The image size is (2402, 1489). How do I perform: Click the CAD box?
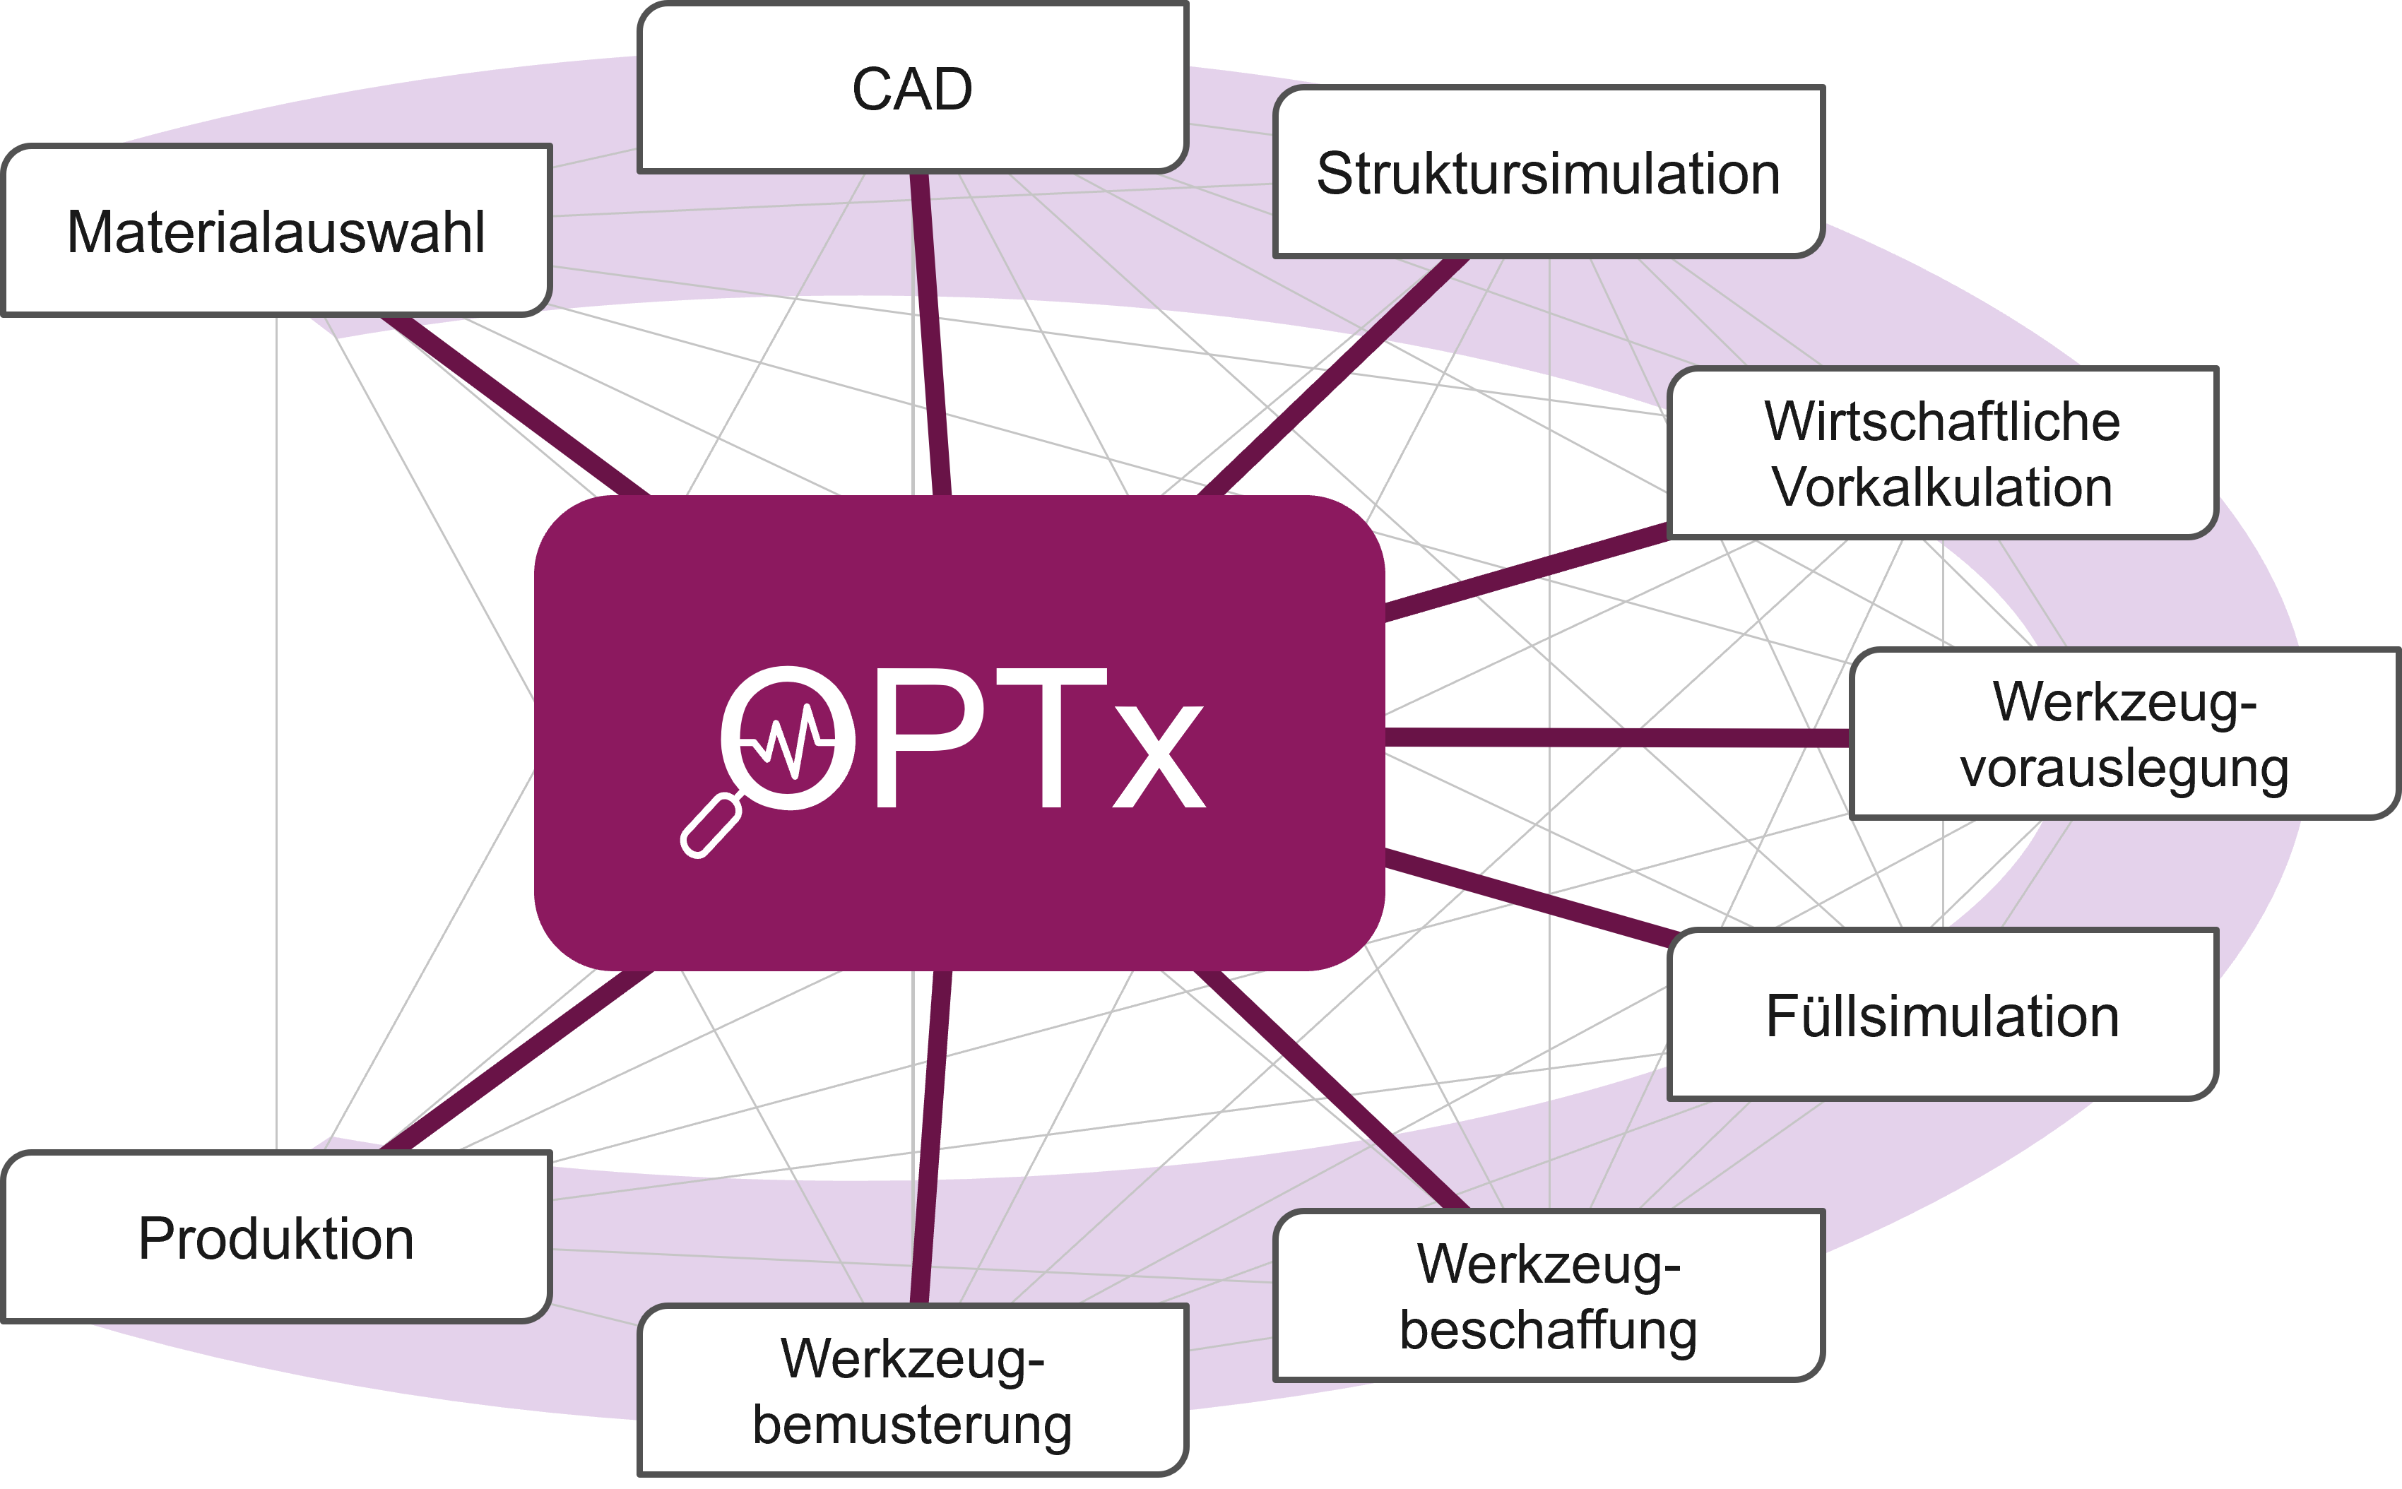pos(912,88)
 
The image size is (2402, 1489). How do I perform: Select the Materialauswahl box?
pos(276,232)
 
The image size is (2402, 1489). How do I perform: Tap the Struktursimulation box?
pos(1548,173)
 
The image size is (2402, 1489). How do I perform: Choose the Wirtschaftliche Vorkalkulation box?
pos(1942,453)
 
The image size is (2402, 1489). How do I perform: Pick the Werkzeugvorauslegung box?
pos(2124,734)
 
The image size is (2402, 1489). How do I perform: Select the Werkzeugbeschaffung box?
pos(1548,1296)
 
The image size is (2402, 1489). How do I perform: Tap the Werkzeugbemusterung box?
pos(912,1391)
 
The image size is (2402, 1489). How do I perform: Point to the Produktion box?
pos(276,1238)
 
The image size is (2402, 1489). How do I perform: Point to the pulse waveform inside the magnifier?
pos(788,739)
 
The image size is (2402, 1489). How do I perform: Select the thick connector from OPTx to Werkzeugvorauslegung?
pos(1615,737)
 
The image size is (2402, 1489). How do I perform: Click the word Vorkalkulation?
pos(1942,487)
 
